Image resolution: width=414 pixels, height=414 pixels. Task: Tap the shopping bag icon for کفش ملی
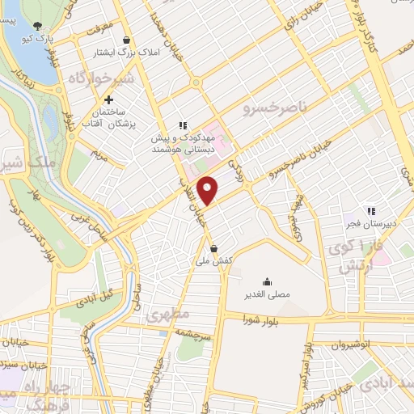[213, 248]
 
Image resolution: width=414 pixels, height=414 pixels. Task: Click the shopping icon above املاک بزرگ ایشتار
[125, 40]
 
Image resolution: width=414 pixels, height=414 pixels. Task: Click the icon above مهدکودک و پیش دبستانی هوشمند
[184, 125]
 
